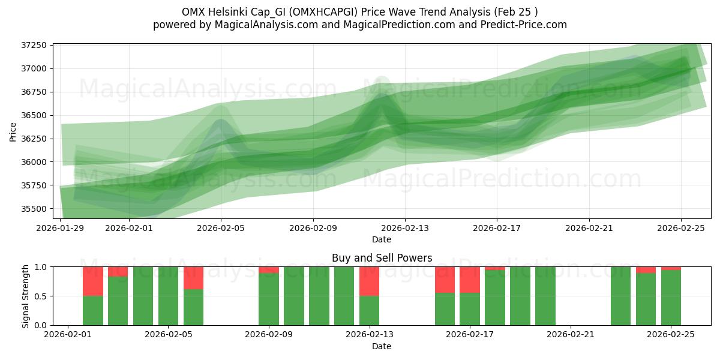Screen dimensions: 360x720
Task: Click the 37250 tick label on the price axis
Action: tap(35, 46)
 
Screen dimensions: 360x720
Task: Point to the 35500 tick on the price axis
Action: tap(35, 209)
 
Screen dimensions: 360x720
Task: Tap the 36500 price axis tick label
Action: tap(35, 115)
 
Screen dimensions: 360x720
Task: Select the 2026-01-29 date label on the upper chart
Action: tap(61, 228)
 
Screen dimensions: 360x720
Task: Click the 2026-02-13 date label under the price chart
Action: tap(405, 228)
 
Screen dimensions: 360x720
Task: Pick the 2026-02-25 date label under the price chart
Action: tap(681, 228)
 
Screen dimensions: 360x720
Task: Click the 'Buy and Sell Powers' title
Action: tap(382, 259)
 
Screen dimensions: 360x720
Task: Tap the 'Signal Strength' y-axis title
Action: tap(25, 296)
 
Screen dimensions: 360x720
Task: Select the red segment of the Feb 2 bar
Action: tap(93, 281)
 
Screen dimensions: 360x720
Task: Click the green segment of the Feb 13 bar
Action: tap(369, 311)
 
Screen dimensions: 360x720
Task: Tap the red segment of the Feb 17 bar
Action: tap(470, 280)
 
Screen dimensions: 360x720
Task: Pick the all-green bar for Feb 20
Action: tap(545, 296)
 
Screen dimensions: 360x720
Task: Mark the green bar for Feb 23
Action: tap(620, 296)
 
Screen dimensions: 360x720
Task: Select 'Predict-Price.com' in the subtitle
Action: tap(526, 25)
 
